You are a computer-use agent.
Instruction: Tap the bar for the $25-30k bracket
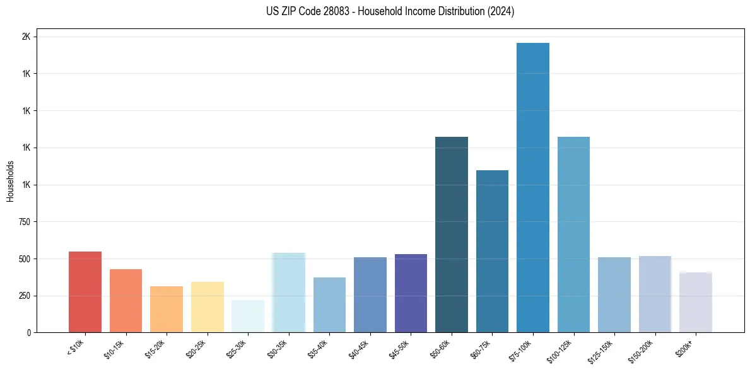[248, 316]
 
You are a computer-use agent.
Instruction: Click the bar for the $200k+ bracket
[696, 302]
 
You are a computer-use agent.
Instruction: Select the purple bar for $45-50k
[411, 293]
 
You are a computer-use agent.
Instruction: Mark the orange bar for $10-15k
[126, 301]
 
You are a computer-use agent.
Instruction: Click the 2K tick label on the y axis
[26, 37]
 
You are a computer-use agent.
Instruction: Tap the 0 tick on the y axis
[29, 332]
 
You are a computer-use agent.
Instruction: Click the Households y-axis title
[10, 181]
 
